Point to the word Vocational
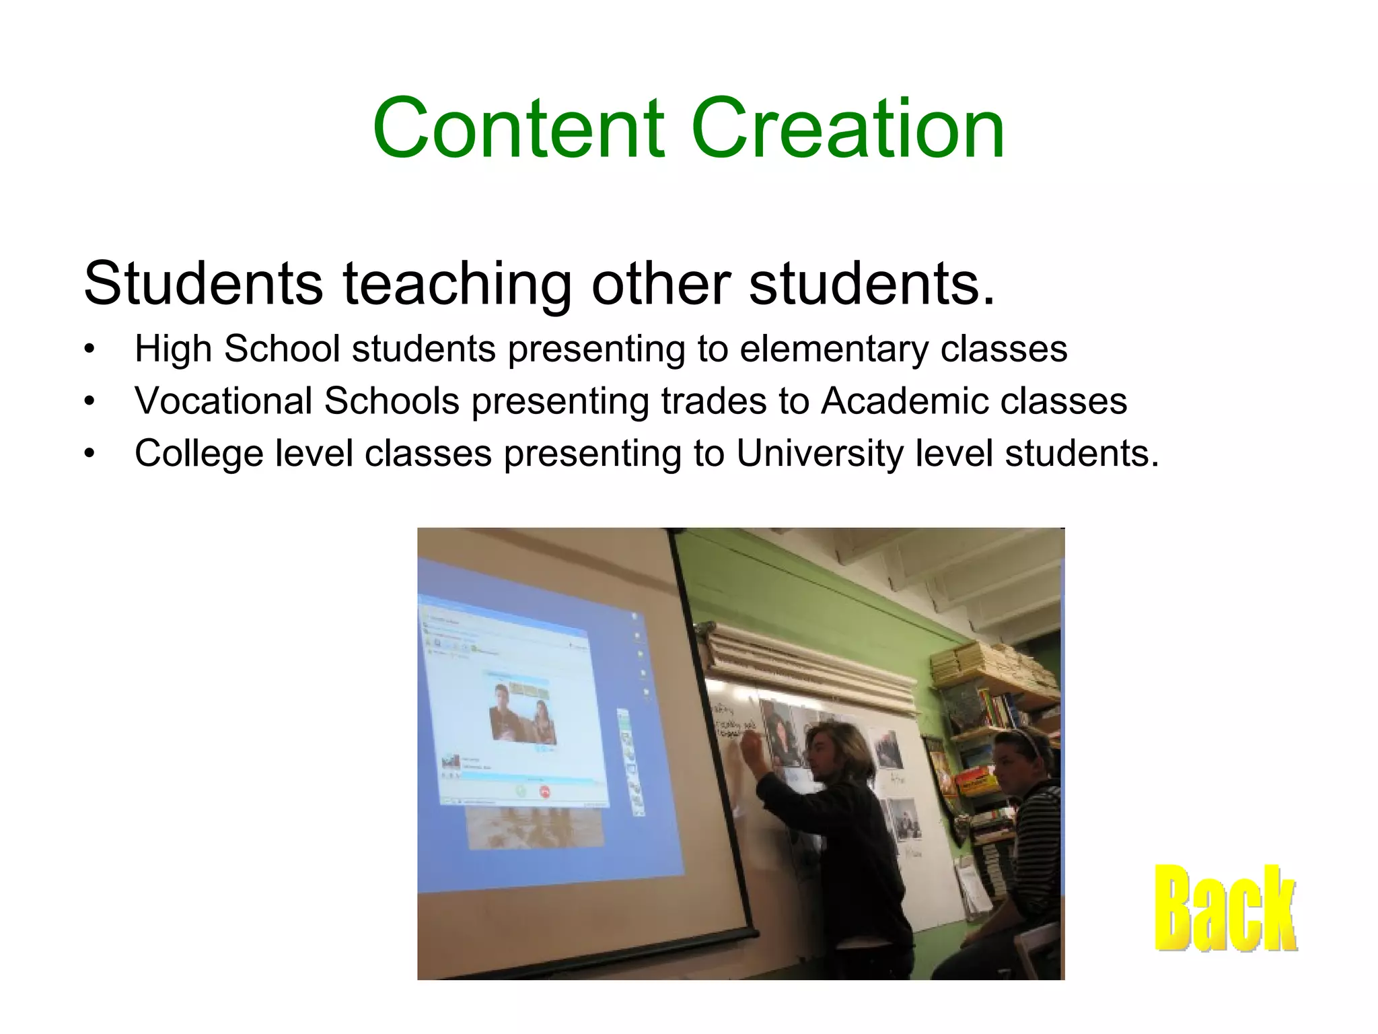point(224,401)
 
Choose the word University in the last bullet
point(820,453)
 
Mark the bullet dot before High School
point(89,349)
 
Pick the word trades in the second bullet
point(714,401)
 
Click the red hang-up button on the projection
point(545,792)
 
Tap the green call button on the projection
point(520,791)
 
